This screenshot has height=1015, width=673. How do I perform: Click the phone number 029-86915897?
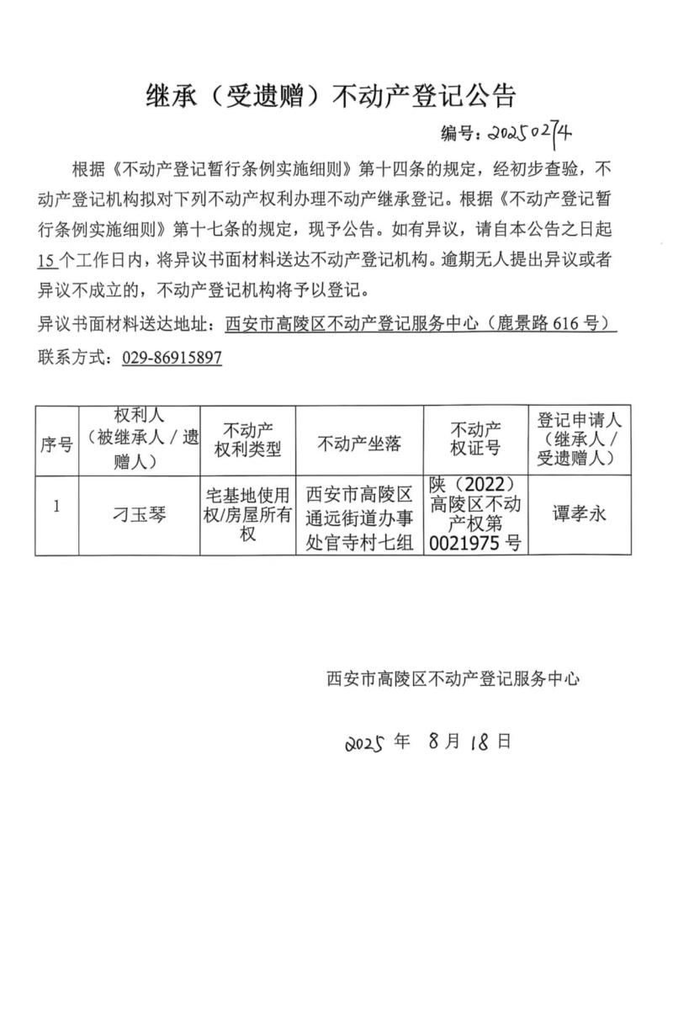[172, 358]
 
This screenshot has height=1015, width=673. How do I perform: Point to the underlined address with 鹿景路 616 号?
[421, 325]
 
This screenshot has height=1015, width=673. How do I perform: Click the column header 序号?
[56, 444]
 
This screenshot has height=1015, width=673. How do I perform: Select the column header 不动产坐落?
[359, 444]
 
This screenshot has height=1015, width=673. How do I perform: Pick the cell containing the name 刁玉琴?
[140, 514]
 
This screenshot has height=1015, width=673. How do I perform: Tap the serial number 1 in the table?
[56, 507]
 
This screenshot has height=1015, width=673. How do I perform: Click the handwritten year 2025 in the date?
[364, 743]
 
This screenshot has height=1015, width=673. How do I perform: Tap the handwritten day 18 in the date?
[480, 741]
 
